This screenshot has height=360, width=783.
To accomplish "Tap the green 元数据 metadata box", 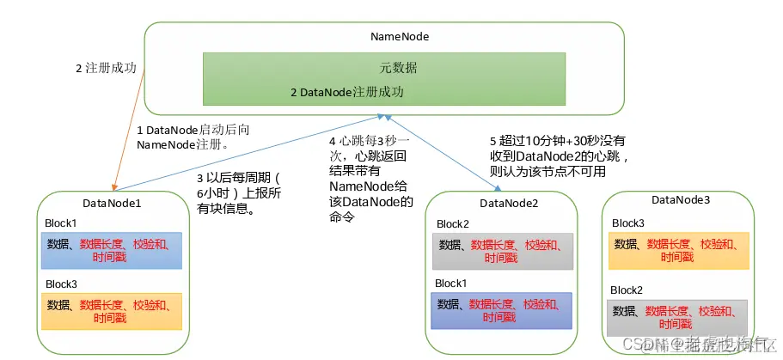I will click(383, 77).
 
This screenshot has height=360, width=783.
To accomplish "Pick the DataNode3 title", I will click(681, 200).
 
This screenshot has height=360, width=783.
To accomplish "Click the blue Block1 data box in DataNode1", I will click(113, 251).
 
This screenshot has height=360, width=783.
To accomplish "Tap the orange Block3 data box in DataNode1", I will click(113, 311).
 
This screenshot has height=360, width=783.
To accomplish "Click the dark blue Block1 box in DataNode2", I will click(502, 310).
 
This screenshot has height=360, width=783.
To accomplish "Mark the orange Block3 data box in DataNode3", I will click(678, 249).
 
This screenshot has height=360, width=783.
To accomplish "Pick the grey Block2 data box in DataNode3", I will click(678, 317).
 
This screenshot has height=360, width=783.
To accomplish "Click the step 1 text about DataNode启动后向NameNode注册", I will click(193, 136).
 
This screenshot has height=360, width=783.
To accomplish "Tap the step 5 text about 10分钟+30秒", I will click(558, 156).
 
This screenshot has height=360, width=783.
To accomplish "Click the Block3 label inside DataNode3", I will click(628, 223).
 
